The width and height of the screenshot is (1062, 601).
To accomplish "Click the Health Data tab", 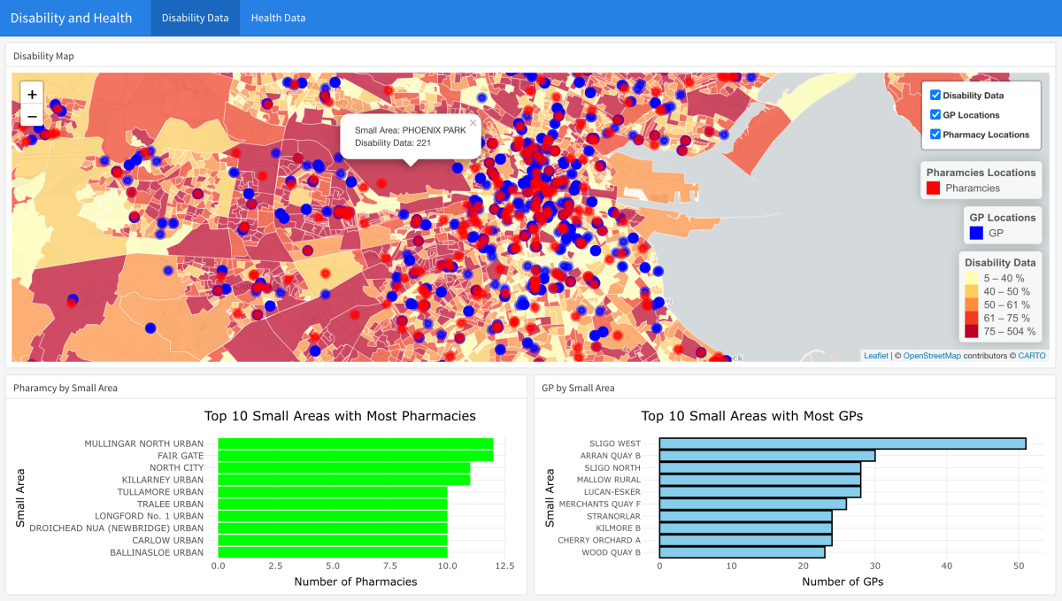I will click(278, 18).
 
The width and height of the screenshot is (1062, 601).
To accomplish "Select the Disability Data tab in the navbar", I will click(195, 18).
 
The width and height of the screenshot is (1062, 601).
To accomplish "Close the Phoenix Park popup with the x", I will click(473, 124).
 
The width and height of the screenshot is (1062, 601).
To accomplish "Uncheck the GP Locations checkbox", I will click(935, 115).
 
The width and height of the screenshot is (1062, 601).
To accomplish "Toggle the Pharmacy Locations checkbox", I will click(935, 135).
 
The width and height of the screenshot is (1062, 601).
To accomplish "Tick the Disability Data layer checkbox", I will click(935, 95).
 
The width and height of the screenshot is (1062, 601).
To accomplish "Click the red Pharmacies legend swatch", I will click(933, 188).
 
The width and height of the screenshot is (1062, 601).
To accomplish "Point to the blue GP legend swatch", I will click(976, 233).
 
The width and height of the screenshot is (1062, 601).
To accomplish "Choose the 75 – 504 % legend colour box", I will click(971, 331).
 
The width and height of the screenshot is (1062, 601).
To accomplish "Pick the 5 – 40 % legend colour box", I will click(971, 278).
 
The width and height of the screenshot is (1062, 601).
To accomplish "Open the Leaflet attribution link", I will click(875, 356).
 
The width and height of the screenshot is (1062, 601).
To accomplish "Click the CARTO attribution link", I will click(1031, 356).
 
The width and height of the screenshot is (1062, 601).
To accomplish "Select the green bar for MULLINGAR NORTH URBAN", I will click(355, 443).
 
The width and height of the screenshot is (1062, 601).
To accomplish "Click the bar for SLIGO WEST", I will click(842, 443).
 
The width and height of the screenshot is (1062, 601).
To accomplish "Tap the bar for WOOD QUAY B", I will click(742, 552).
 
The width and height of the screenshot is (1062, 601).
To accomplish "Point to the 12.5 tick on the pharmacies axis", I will click(504, 566).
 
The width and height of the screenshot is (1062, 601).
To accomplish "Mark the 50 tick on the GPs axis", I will click(1019, 566).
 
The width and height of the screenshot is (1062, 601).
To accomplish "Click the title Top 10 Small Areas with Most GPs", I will click(751, 416).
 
